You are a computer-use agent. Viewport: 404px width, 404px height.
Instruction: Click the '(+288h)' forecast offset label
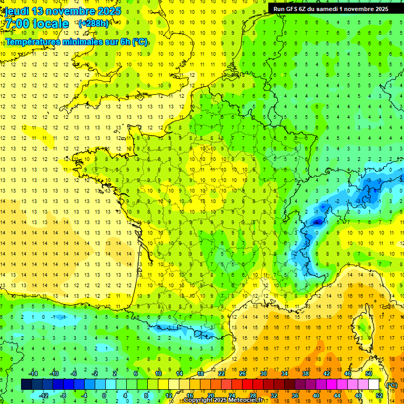(x=93, y=24)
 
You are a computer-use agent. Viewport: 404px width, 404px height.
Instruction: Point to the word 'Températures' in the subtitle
(x=32, y=42)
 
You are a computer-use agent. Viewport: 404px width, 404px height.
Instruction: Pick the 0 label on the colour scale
(x=104, y=395)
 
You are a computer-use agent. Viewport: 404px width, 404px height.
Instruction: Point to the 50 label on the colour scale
(x=368, y=373)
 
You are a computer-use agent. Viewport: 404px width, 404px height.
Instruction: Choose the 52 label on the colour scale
(x=379, y=395)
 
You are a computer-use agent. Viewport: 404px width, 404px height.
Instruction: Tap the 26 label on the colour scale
(x=243, y=373)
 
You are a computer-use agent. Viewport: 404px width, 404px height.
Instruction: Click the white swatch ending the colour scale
(x=374, y=384)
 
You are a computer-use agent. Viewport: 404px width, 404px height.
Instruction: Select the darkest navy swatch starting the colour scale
(x=26, y=384)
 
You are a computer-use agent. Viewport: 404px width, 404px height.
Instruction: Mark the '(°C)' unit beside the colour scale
(x=391, y=385)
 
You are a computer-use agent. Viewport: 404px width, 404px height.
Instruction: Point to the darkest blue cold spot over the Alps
(x=317, y=221)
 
